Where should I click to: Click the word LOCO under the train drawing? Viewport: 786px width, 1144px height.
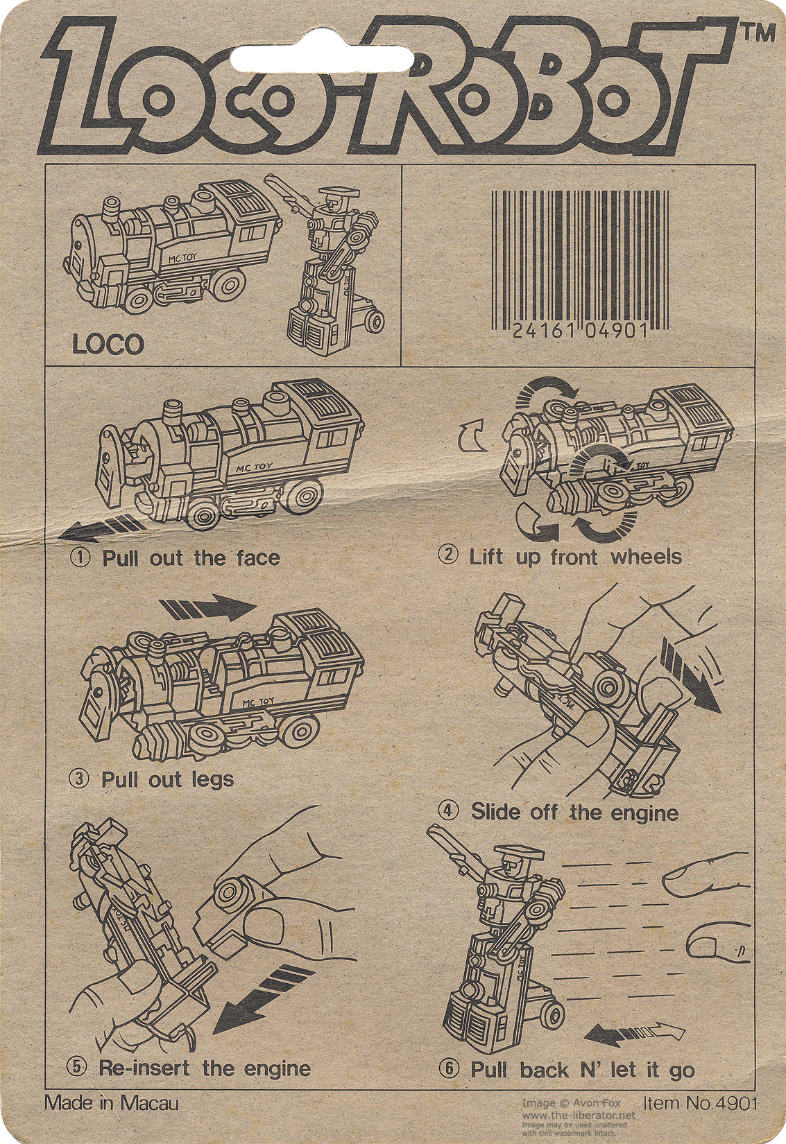tap(108, 345)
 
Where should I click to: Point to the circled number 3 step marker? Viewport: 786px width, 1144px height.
tap(78, 779)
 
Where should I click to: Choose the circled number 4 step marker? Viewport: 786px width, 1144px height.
tap(448, 811)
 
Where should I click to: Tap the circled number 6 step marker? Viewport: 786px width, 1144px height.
tap(448, 1068)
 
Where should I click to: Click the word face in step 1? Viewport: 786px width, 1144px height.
tap(258, 557)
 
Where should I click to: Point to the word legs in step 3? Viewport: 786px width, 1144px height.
tap(212, 781)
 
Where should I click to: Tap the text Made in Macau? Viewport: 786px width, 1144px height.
tap(112, 1104)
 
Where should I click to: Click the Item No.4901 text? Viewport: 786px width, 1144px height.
tap(700, 1102)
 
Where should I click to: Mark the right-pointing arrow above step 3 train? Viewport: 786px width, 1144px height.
tap(208, 607)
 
